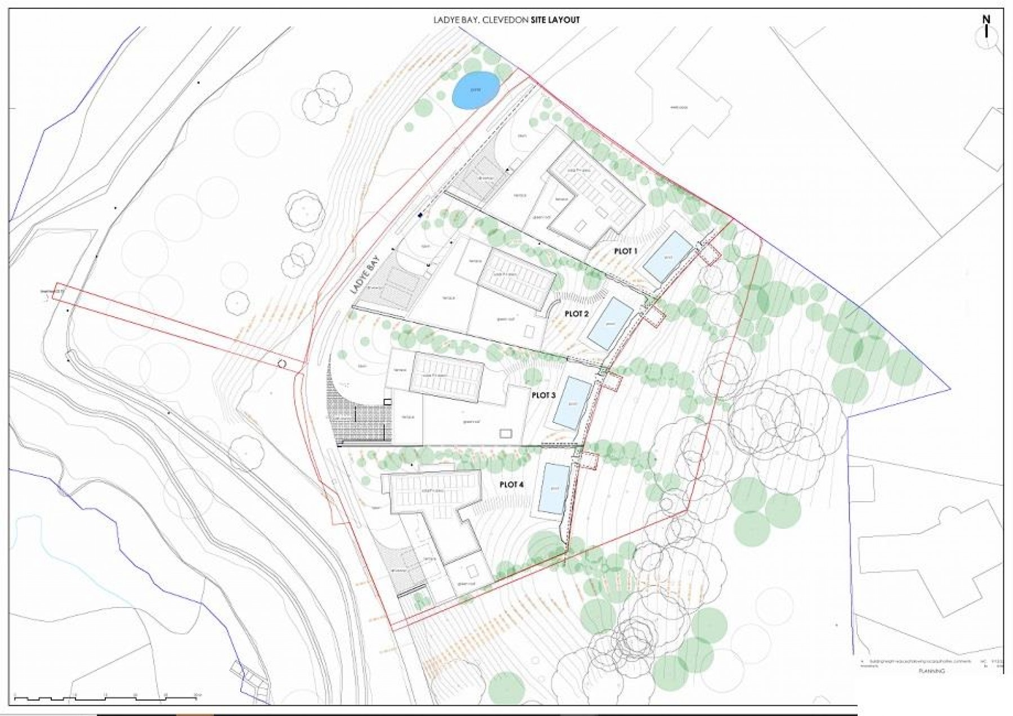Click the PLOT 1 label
[x=625, y=251]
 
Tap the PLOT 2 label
[x=576, y=314]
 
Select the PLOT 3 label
[x=543, y=395]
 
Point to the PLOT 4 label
[x=512, y=484]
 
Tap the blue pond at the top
[x=476, y=90]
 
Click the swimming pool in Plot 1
[x=667, y=258]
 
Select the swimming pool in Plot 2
[x=611, y=323]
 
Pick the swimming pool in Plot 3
[x=572, y=403]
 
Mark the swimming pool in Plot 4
[x=554, y=488]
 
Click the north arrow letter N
[x=986, y=20]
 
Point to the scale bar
[x=107, y=699]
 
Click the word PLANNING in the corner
[x=931, y=671]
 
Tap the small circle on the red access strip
[x=283, y=364]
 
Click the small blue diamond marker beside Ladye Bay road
[x=420, y=215]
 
